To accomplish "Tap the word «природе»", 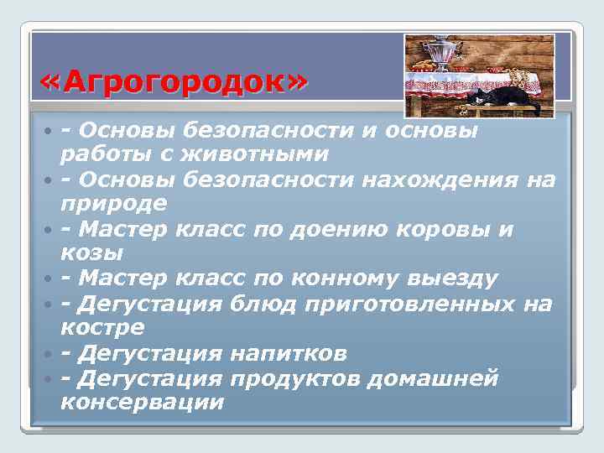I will (x=113, y=204).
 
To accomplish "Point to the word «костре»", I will (x=102, y=327).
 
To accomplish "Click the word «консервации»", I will (x=143, y=402).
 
